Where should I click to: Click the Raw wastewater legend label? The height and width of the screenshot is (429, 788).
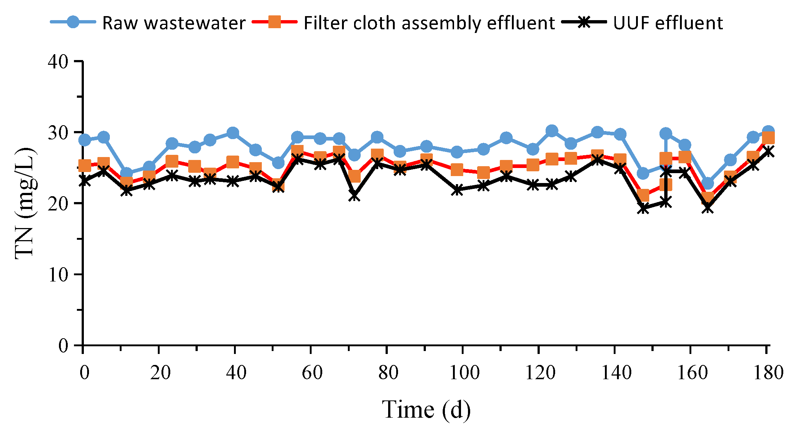tap(174, 23)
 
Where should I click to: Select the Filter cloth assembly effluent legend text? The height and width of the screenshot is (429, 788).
tap(429, 23)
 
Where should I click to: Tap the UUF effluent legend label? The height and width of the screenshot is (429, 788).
tap(668, 23)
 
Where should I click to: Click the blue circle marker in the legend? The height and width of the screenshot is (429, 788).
tap(73, 22)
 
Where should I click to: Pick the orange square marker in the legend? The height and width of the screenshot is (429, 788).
tap(275, 22)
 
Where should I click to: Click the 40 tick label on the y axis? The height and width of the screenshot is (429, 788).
tap(58, 61)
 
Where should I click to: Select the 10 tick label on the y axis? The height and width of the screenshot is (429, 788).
tap(58, 275)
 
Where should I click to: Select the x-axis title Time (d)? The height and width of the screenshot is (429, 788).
tap(426, 409)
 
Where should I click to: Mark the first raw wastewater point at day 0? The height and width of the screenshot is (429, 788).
tap(84, 140)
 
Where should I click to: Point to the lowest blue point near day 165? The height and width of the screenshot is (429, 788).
tap(707, 183)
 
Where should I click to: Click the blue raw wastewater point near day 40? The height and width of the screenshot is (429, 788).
tap(233, 133)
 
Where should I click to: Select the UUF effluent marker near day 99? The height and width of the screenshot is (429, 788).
tap(457, 190)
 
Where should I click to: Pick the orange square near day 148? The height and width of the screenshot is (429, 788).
tap(643, 195)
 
